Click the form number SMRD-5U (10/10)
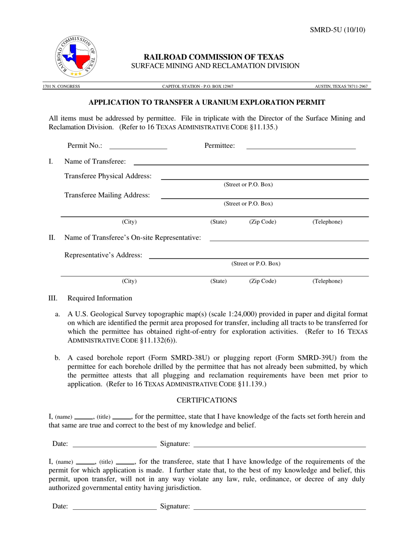337,30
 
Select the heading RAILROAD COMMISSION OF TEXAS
214,57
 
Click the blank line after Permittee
301,148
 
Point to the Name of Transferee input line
251,164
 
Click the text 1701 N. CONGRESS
61,87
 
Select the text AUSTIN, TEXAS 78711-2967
341,87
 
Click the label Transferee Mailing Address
107,195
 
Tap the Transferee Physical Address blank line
265,178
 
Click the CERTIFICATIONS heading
207,400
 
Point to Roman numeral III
53,298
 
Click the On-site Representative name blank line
289,240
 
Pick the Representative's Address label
103,255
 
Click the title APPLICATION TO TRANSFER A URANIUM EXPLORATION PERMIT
207,103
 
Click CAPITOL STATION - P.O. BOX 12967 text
197,87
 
